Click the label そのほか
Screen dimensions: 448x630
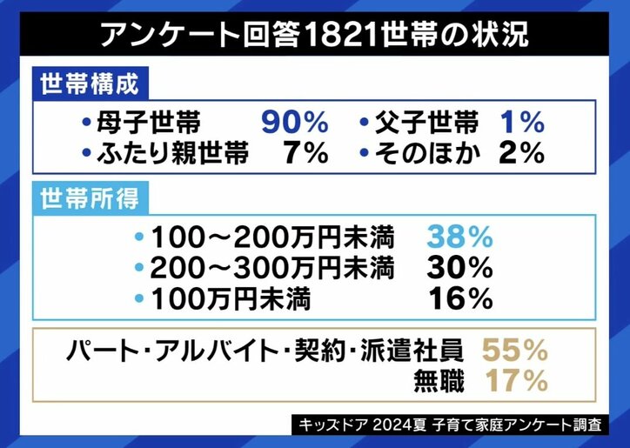[x=426, y=154]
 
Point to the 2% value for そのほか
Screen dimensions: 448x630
[x=521, y=154]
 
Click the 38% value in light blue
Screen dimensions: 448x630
[x=460, y=236]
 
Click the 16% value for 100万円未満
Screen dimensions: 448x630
[x=460, y=299]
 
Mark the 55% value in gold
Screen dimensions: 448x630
[x=514, y=350]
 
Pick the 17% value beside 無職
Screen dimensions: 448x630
[x=514, y=380]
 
